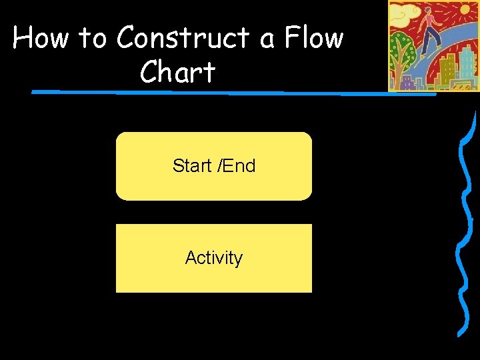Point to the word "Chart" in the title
[177, 72]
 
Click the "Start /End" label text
[214, 165]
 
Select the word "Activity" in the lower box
[214, 257]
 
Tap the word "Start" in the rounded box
[191, 165]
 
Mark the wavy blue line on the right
[461, 227]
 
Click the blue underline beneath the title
[233, 92]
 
